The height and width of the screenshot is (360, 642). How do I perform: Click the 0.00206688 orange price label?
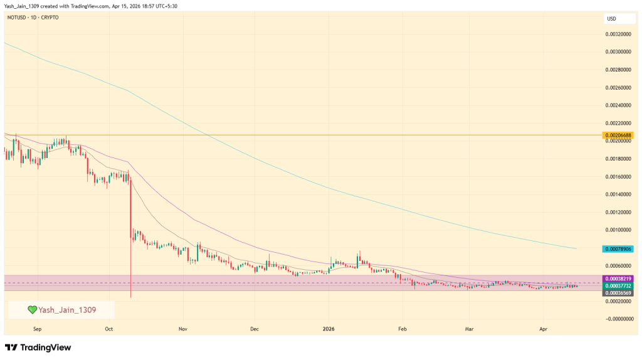pos(618,135)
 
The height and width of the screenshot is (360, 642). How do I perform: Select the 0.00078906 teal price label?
pos(618,249)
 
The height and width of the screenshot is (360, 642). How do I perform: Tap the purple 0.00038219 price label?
pos(618,278)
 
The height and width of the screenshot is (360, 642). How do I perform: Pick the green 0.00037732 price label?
pos(618,285)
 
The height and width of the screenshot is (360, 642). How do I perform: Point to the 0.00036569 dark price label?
pos(618,292)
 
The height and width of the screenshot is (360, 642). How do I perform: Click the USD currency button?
pos(611,19)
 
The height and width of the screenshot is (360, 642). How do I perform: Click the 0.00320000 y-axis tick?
pos(618,34)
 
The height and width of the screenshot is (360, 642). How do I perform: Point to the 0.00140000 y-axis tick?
pos(618,195)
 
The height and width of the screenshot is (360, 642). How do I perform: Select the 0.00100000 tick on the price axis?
pos(618,231)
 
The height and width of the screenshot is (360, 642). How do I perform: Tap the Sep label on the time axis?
pos(36,328)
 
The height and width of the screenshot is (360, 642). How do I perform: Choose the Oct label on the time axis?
pos(109,328)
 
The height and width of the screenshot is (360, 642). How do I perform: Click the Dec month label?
pos(254,328)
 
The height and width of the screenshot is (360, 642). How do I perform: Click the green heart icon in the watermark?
pos(33,310)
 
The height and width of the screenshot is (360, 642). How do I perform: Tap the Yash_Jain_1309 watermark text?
pos(67,310)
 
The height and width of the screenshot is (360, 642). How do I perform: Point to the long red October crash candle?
pos(130,238)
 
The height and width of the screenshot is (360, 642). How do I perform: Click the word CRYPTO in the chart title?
pos(49,18)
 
